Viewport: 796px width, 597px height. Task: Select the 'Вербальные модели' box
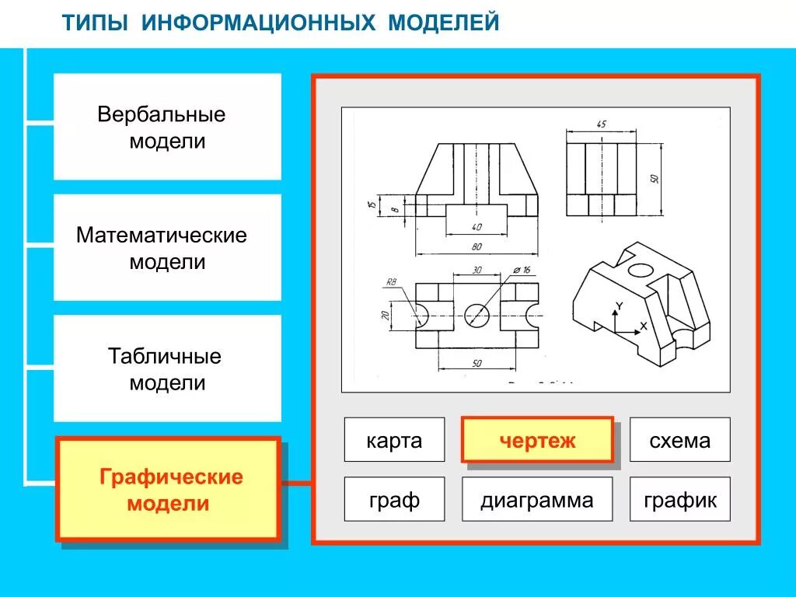point(167,127)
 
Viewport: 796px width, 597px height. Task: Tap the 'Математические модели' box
point(167,248)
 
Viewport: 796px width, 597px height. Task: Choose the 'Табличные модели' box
point(167,369)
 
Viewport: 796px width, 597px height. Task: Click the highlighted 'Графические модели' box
point(168,490)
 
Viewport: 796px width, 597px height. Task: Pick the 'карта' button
point(394,440)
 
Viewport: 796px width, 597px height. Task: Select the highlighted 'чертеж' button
point(537,440)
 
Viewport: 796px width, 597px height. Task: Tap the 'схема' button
point(679,440)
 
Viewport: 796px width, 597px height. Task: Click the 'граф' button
point(394,500)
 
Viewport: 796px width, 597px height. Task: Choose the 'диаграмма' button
point(536,500)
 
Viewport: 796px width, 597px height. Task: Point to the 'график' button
point(679,500)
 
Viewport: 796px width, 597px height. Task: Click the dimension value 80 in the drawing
point(476,246)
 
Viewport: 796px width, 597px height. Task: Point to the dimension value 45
point(601,124)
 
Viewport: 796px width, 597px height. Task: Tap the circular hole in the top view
point(477,315)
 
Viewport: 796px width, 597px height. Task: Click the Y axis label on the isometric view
point(619,305)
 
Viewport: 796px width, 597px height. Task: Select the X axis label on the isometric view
point(643,326)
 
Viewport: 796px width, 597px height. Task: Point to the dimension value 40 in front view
point(476,227)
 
